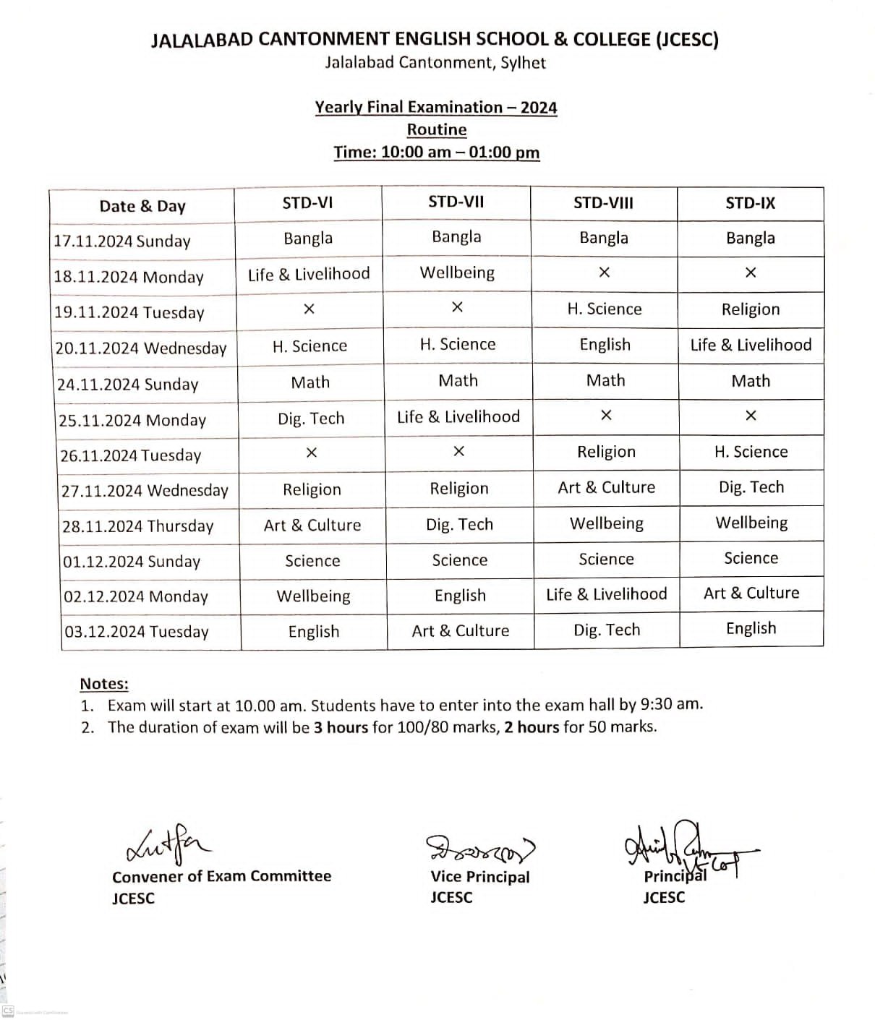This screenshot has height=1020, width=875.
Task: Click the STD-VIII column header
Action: [x=603, y=203]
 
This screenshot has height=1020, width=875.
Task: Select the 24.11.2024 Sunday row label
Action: [x=127, y=384]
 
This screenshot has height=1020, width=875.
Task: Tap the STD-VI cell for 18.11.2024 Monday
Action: [x=309, y=274]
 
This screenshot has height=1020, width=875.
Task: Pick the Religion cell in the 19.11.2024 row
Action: [x=751, y=309]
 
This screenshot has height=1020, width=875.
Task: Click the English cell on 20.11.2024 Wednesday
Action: [x=605, y=345]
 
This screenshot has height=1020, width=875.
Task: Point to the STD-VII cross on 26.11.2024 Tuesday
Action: [x=458, y=452]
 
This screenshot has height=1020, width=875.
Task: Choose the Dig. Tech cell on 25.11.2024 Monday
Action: [x=311, y=419]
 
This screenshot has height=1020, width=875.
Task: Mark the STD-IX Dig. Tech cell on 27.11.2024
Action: [x=751, y=487]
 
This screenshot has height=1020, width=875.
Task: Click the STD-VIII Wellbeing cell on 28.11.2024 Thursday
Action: [x=606, y=523]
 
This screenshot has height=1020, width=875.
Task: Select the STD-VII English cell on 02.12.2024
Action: [x=460, y=596]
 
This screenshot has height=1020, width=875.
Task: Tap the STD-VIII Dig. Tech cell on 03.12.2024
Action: [x=607, y=630]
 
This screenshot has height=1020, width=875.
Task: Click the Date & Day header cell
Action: [x=142, y=206]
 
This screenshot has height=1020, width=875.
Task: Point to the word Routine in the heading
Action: [x=437, y=129]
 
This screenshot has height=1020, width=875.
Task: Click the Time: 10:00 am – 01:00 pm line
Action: [x=437, y=153]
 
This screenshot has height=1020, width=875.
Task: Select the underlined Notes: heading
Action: [x=104, y=684]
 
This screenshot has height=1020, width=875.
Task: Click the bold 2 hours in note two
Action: [x=532, y=727]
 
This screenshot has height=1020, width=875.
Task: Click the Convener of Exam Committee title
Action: [x=221, y=876]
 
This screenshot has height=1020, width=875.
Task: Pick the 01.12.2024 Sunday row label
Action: [x=132, y=562]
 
